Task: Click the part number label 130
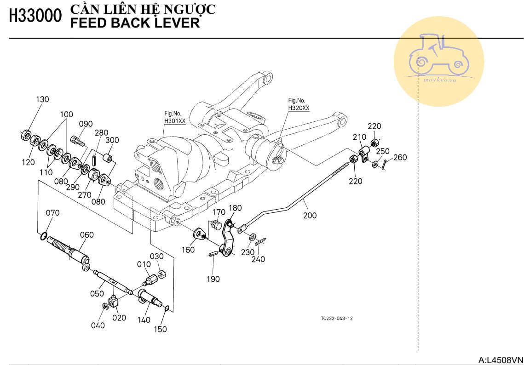click(42, 99)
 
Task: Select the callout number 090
click(86, 124)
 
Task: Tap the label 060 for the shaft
click(86, 235)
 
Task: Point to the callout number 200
click(310, 215)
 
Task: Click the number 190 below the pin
click(213, 279)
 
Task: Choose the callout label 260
click(400, 158)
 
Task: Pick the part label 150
click(160, 329)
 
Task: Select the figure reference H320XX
click(299, 108)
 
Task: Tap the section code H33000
click(35, 16)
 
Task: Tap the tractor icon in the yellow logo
click(438, 54)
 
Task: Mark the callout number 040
click(98, 325)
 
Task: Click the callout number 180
click(235, 208)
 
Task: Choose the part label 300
click(112, 140)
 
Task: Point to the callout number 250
click(383, 151)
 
